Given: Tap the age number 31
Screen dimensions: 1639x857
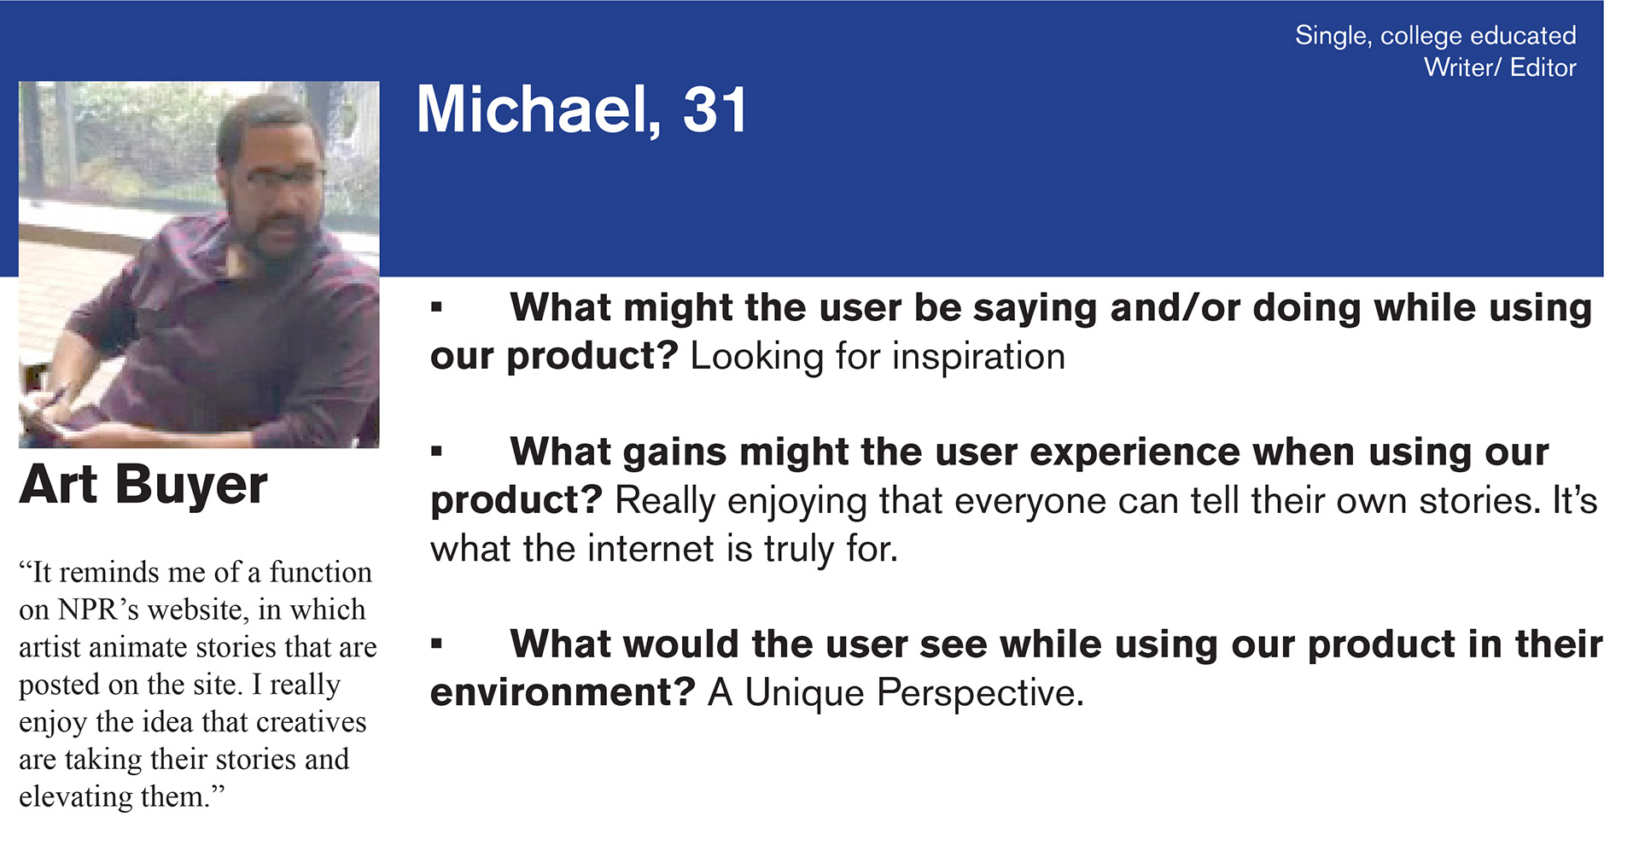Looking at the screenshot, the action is pos(715,110).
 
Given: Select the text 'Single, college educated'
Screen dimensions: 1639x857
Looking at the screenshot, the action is pos(1435,36).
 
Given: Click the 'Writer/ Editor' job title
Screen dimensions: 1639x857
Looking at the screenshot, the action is pos(1500,67).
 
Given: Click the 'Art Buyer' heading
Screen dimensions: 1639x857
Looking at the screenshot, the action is pos(143,485).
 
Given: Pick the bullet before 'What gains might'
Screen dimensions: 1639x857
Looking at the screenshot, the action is pos(437,451).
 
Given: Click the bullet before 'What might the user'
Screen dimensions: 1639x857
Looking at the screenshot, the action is pos(437,306).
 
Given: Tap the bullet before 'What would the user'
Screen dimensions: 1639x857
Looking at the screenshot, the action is pos(437,644).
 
